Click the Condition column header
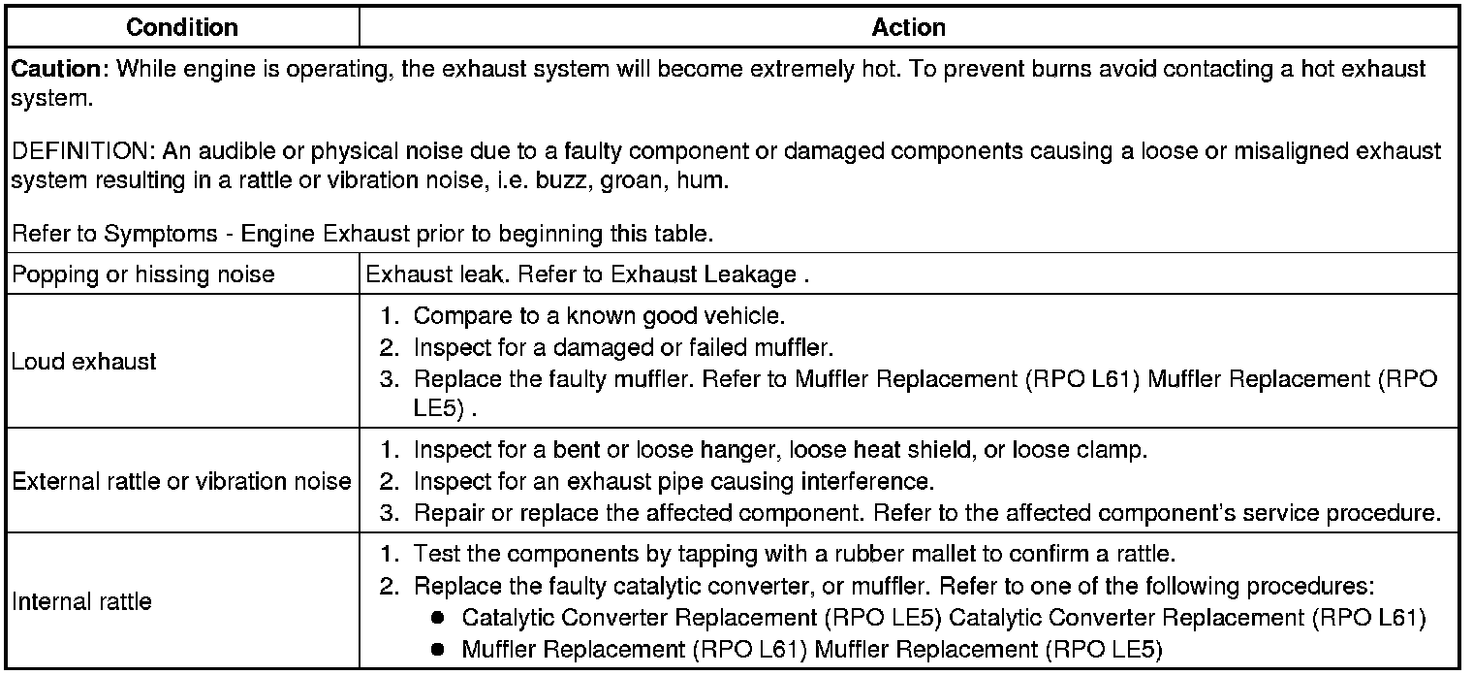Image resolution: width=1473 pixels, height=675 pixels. point(182,27)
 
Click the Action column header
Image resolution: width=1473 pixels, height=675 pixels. point(908,27)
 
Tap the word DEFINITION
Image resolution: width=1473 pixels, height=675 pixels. point(80,151)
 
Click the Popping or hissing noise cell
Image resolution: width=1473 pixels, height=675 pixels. point(142,274)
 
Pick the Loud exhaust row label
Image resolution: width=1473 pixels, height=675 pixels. point(83,362)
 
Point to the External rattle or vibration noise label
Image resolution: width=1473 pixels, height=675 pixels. point(181,481)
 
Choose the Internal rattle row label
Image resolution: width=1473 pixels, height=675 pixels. point(81,601)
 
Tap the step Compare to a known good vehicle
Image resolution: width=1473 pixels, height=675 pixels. point(599,316)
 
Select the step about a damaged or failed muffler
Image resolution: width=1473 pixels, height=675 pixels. point(623,346)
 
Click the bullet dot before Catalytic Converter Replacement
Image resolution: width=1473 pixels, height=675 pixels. point(438,618)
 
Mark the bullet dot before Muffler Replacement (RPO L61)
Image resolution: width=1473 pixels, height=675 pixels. point(438,648)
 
